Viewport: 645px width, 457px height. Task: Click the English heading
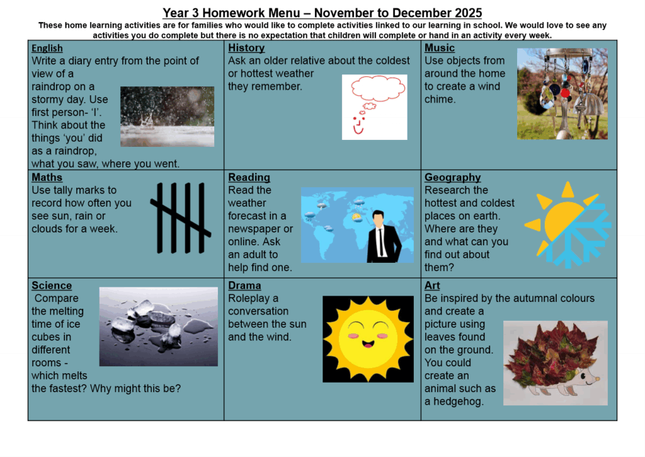(x=47, y=48)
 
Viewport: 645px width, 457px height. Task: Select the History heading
(x=246, y=48)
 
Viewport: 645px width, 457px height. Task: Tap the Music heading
(x=440, y=48)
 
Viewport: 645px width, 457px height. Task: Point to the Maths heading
(x=47, y=177)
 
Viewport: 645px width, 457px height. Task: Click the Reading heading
(x=249, y=177)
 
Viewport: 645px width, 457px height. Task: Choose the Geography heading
(x=452, y=177)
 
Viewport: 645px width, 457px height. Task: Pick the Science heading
(x=52, y=286)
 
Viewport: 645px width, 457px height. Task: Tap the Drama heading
(x=244, y=286)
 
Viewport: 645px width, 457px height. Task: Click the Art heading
(x=432, y=286)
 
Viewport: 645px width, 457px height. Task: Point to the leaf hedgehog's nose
(x=597, y=381)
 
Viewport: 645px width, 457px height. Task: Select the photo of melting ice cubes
(x=158, y=326)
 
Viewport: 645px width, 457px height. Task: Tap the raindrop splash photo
(x=167, y=117)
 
